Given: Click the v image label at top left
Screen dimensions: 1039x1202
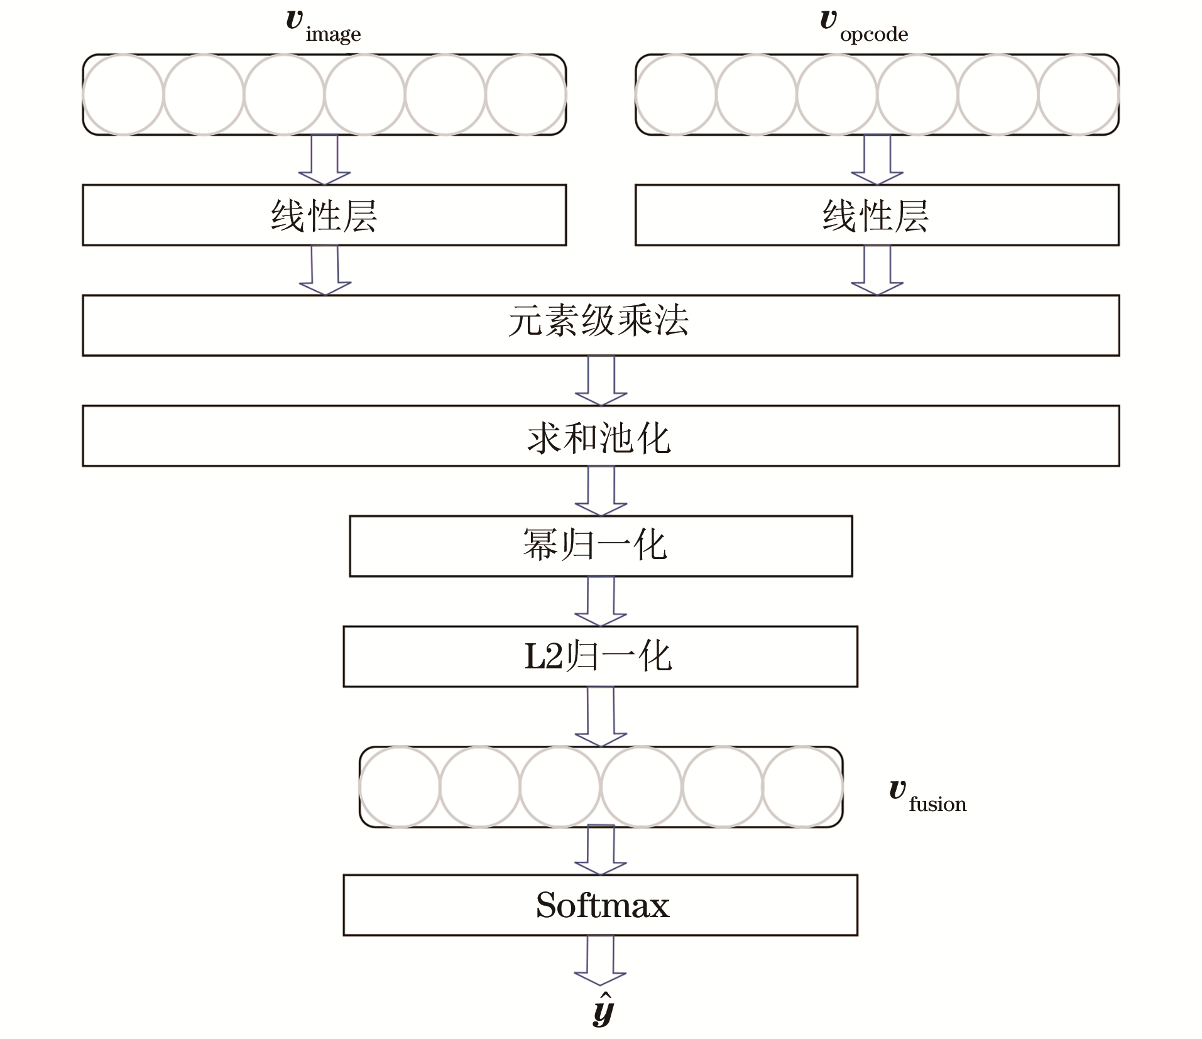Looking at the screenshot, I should coord(324,26).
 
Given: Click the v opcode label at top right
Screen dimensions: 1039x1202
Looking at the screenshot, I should coord(864,26).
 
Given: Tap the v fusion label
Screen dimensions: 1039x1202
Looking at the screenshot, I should coord(927,797).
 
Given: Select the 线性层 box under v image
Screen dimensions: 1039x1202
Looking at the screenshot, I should coord(324,215).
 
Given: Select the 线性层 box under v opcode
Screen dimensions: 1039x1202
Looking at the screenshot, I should coord(877,215).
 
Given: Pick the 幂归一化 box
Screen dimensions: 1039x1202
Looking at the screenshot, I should coord(601,546).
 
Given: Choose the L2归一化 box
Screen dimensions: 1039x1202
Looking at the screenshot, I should coord(600,656).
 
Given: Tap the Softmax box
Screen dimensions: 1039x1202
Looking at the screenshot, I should coord(600,905).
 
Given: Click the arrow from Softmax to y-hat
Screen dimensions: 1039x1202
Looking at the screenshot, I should coord(600,960).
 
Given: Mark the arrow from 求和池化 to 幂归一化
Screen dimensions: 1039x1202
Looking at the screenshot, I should coord(601,491).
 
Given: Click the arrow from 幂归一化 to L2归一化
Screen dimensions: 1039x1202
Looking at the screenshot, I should coord(601,601).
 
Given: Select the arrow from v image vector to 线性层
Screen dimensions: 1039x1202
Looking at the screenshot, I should coord(324,160).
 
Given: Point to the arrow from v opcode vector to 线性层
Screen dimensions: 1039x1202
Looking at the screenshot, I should coord(877,160).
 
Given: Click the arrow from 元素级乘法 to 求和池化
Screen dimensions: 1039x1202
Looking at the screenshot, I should coord(601,380).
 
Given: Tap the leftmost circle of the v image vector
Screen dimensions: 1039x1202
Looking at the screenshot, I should coord(123,95).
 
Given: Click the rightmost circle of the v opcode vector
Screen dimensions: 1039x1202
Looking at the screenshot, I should coord(1078,95).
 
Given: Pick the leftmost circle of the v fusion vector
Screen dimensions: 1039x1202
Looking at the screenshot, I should coord(400,786).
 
